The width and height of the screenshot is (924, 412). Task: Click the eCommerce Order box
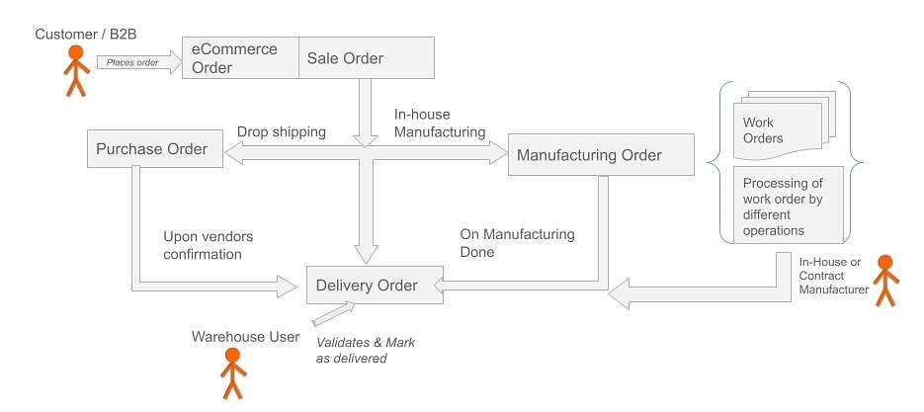240,58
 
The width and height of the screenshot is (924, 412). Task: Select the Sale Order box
367,58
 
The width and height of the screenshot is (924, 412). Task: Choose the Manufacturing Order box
589,155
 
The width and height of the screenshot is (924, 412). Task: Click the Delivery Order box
367,286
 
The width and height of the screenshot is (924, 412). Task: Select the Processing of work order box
789,206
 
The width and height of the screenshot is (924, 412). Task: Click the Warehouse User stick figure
233,374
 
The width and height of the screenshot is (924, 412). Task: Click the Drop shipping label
281,131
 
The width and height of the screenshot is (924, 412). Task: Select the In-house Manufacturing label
440,123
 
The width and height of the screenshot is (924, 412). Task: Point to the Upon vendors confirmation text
209,245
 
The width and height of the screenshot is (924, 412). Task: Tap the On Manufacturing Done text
517,243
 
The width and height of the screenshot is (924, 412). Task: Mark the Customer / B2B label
85,34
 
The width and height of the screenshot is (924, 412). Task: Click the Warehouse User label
245,337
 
